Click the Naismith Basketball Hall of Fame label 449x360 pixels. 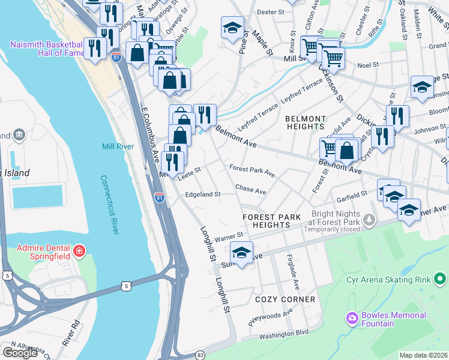pos(46,49)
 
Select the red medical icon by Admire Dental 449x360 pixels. pos(78,250)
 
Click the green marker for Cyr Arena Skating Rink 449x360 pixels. pos(440,279)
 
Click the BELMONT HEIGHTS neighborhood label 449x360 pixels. pos(306,122)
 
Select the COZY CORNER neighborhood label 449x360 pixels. pos(285,299)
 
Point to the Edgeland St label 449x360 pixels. pos(203,194)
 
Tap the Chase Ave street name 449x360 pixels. pos(250,190)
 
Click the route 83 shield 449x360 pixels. pos(200,355)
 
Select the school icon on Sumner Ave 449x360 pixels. pos(241,253)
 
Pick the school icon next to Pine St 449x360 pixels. pos(233,28)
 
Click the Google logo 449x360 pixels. pos(20,352)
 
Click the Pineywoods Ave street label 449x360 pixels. pos(271,316)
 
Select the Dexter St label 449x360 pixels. pos(270,12)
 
